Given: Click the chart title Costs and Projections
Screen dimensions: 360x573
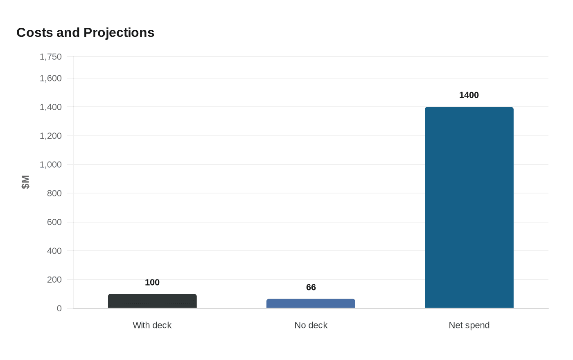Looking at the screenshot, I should (85, 33).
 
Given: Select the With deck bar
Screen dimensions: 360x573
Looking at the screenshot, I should (152, 301).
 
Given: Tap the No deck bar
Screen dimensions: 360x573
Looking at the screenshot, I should (311, 304).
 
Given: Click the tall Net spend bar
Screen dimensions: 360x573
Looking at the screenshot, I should (469, 207).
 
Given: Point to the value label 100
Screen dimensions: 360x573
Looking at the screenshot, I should (152, 283).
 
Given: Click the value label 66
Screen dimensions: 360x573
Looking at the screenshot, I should (311, 288).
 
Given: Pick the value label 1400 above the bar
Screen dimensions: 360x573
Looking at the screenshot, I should (469, 95).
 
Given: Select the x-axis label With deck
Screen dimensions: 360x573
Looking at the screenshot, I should (152, 325).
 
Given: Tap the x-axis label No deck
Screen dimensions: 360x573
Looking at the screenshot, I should (311, 325).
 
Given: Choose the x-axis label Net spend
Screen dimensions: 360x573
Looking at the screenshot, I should (469, 325).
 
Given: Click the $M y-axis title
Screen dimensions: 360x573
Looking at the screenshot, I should (25, 182).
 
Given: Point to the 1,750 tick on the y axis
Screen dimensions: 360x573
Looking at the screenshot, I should (51, 57).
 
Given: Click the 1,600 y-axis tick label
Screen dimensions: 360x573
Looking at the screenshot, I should (51, 78).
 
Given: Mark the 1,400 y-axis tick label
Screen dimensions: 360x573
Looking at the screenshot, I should (51, 107).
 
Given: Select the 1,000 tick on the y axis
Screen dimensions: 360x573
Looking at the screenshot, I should (51, 164).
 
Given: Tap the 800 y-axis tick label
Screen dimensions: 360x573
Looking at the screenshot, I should (54, 193).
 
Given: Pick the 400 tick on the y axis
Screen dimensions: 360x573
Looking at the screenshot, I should (54, 251).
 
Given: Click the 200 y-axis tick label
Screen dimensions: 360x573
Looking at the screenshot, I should (54, 280).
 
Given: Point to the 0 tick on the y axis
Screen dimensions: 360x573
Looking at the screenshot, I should (59, 308).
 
